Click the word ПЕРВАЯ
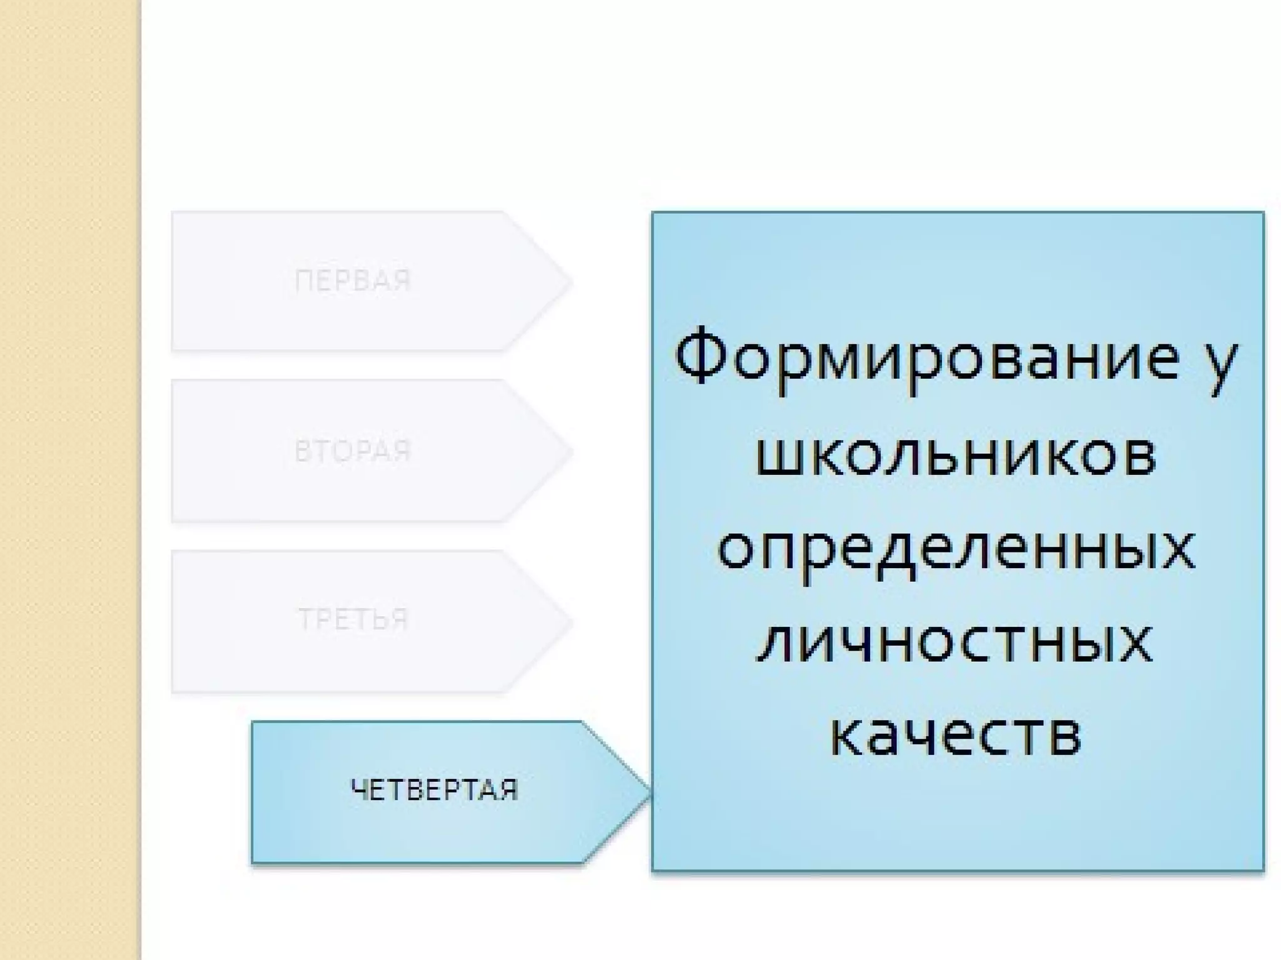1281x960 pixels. (353, 281)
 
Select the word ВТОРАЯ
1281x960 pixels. (353, 451)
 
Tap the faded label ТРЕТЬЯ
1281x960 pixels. (353, 619)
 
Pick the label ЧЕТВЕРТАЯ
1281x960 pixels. (435, 791)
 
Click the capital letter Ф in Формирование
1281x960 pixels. (700, 356)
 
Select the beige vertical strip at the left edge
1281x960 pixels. (69, 480)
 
